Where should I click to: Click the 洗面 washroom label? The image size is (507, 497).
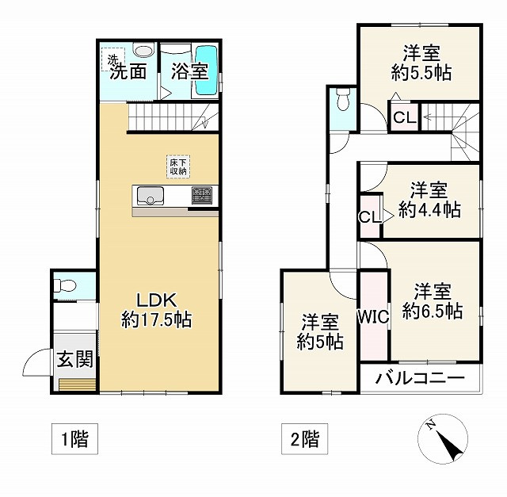pos(128,71)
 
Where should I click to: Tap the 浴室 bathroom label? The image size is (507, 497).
pos(189,71)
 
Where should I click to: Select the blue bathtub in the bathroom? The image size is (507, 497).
pos(206,71)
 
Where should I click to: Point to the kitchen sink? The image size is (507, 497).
pos(149,196)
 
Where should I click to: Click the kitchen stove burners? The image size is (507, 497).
pos(201,195)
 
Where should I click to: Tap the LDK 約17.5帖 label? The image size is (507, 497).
pos(156,310)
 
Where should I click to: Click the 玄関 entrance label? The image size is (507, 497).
pos(74,360)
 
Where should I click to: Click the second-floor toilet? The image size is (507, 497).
pos(343,100)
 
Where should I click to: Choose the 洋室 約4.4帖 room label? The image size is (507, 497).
pos(429,200)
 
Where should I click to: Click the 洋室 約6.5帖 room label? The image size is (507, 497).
pos(432,301)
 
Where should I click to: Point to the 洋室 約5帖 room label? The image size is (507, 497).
pos(319,332)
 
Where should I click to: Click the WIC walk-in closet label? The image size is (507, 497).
pos(372,317)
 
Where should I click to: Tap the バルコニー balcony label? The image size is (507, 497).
pos(421,377)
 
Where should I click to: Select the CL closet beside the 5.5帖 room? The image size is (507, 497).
pos(403,118)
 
